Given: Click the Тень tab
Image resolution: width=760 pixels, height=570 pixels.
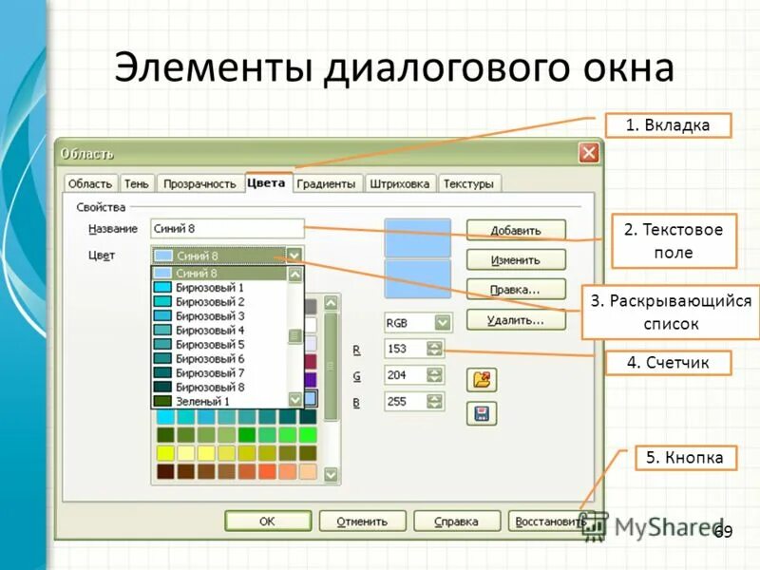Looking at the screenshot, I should [136, 184].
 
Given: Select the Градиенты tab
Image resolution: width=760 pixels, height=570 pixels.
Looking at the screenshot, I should [326, 184].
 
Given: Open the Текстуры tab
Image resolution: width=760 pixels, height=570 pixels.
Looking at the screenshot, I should [468, 184].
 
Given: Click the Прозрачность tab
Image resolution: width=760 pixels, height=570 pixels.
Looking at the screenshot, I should [198, 184].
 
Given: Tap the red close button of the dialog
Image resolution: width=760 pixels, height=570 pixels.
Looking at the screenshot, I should [589, 153].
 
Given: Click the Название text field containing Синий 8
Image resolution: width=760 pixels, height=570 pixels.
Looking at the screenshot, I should [226, 229].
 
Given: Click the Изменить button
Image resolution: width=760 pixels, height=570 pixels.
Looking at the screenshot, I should [516, 259].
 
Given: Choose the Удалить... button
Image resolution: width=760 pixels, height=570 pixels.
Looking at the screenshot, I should [516, 320].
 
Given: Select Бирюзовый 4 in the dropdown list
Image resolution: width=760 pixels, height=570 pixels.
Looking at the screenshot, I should [210, 330].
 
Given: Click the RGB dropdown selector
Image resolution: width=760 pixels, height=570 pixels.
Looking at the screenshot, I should [417, 322].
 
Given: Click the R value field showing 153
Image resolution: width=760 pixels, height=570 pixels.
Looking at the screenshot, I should [405, 349].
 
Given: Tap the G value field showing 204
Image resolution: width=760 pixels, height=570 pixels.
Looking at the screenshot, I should [405, 375].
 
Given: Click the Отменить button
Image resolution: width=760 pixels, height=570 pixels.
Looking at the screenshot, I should [362, 522].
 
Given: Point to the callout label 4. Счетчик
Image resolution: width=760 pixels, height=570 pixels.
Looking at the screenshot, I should [668, 362].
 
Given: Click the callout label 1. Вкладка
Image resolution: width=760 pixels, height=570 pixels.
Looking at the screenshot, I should [668, 125].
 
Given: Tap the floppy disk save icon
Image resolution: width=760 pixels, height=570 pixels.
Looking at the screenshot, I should [483, 413].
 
